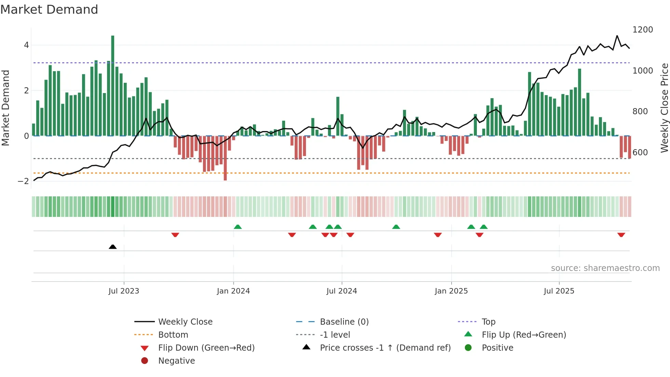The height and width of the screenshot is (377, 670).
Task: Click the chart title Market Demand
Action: (49, 10)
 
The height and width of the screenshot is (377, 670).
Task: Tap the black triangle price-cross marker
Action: (113, 247)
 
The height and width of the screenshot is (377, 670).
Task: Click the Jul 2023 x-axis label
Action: (124, 291)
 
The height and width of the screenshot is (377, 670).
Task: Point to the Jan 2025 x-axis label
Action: (451, 291)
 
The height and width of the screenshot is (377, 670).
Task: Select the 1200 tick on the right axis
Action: (643, 30)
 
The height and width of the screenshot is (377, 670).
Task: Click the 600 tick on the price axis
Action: (640, 153)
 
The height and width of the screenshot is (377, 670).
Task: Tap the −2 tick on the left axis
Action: (24, 181)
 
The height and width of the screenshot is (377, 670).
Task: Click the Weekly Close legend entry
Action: (185, 322)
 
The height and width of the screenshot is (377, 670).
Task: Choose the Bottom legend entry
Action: (173, 335)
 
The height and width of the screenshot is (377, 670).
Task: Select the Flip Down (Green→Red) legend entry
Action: (206, 348)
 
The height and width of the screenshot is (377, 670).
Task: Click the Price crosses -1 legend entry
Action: (385, 348)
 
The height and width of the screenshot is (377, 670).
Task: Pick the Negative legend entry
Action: (176, 361)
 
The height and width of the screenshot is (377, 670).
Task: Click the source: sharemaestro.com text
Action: (605, 268)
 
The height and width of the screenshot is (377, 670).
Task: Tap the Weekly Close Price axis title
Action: (664, 108)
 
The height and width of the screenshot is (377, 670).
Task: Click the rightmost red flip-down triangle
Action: (621, 235)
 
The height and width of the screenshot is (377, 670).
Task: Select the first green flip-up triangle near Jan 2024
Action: (238, 227)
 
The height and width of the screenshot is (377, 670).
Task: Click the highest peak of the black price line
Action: (617, 36)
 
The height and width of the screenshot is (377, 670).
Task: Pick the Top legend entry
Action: (488, 322)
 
